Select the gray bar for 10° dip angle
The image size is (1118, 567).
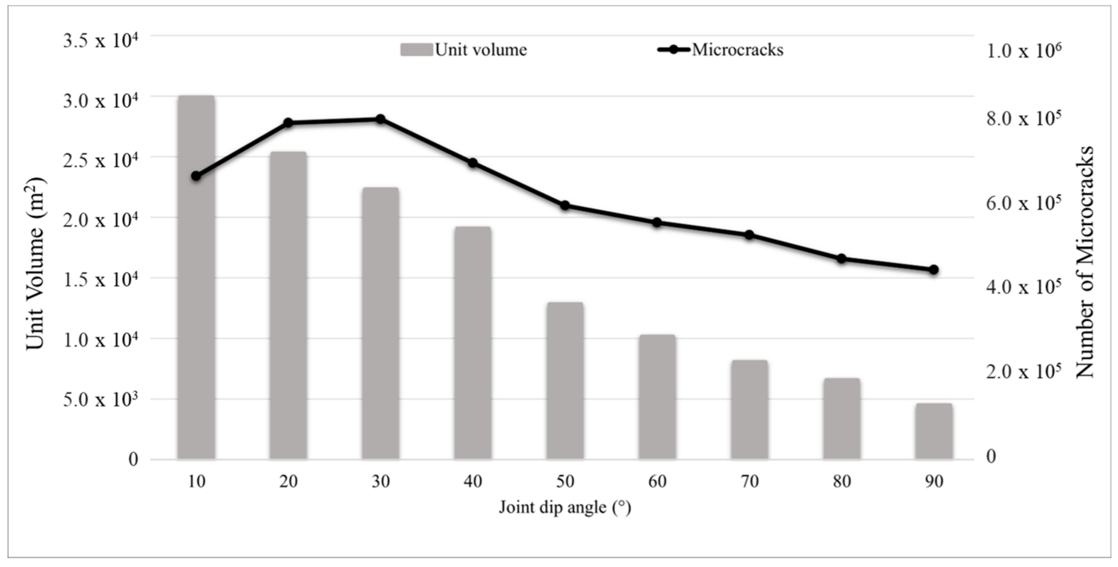196,278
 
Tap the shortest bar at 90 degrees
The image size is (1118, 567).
934,431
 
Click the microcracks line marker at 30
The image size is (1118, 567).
381,119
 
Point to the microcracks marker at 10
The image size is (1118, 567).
196,176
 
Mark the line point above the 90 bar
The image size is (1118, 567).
934,270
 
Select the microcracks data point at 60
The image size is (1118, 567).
657,223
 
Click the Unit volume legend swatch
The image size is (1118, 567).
416,50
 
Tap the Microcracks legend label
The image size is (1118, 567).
737,50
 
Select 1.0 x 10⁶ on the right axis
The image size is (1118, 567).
1024,51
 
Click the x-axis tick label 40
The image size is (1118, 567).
473,482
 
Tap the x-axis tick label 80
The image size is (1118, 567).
842,482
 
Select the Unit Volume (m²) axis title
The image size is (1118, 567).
36,263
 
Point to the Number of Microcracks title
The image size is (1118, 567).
1085,262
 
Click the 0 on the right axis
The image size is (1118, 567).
991,456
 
